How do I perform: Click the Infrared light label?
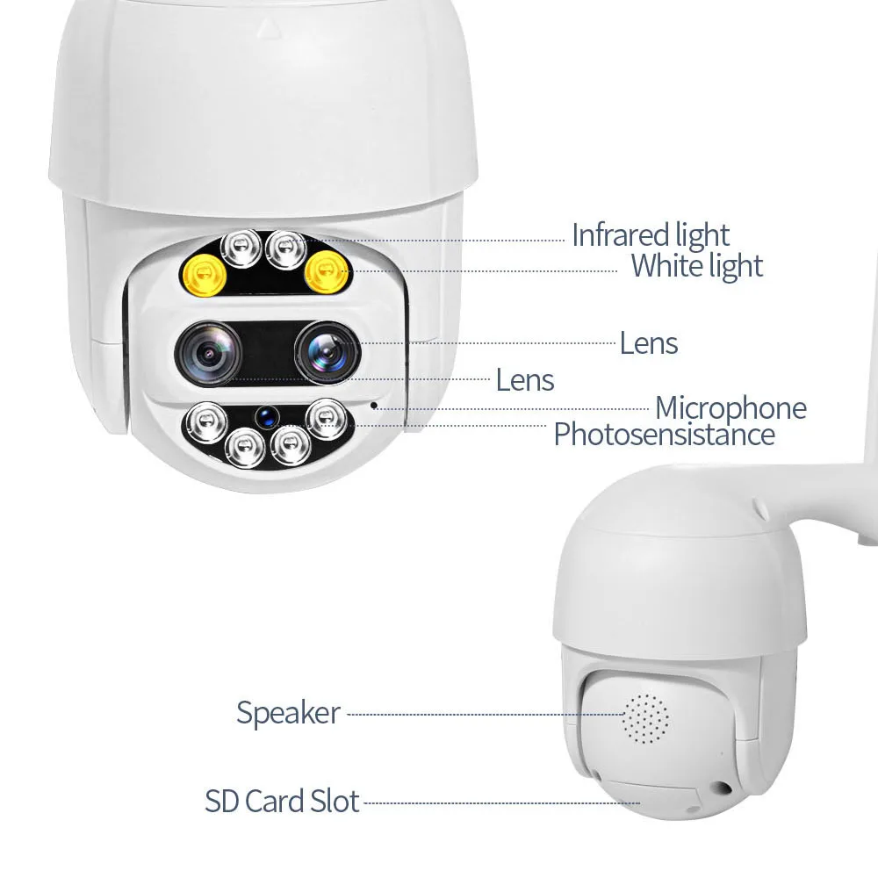(x=650, y=235)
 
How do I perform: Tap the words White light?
(x=697, y=265)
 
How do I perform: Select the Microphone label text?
(x=730, y=408)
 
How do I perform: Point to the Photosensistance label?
(x=664, y=435)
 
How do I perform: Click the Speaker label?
(x=288, y=713)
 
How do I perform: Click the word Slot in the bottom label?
(x=335, y=802)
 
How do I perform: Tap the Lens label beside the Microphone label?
(x=525, y=380)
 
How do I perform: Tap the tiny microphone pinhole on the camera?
(x=375, y=406)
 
